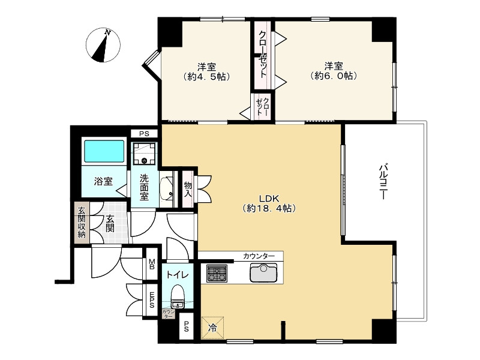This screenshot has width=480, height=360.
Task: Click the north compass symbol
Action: [x=103, y=45]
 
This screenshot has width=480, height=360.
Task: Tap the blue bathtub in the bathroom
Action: [x=104, y=151]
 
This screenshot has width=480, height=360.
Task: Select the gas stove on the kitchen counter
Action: [x=217, y=274]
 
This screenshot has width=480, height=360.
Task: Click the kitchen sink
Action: [x=263, y=272]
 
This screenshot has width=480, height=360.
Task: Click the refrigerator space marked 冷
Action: [x=212, y=328]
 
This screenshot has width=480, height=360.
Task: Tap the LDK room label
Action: [x=269, y=203]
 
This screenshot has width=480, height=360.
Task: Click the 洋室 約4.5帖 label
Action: [x=206, y=71]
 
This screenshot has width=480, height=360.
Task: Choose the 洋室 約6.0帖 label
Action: [x=334, y=71]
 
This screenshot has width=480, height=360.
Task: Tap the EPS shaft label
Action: [x=152, y=299]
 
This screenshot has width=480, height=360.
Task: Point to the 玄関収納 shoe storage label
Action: [x=82, y=223]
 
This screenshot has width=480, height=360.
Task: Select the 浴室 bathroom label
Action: [x=103, y=182]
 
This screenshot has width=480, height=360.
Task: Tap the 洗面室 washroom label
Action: [x=144, y=187]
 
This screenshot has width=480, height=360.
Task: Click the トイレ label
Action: [x=178, y=275]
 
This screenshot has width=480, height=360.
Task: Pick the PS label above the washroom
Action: [x=144, y=134]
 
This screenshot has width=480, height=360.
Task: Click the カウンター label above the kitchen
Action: [x=259, y=256]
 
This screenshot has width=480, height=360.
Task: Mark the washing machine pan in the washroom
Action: [x=144, y=153]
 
